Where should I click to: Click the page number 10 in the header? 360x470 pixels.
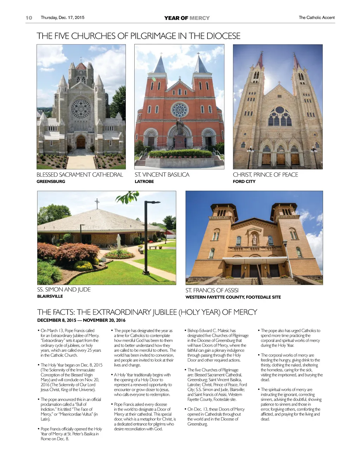29,18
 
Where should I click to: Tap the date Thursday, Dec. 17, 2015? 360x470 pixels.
63,18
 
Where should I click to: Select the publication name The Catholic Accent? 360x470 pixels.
316,18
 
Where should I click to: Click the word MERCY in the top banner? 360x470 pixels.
199,18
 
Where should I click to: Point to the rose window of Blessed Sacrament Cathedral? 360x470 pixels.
81,109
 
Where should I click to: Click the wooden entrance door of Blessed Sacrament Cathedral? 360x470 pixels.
81,142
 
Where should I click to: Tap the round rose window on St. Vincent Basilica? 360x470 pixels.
180,110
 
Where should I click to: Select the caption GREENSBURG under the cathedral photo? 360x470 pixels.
51,182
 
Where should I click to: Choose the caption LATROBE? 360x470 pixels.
144,182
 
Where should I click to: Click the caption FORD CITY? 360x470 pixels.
244,182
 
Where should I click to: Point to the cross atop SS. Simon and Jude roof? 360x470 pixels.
97,203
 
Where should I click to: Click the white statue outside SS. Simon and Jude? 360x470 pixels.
119,240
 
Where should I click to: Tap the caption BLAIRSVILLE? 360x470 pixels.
50,296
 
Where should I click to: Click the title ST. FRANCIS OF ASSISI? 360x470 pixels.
212,290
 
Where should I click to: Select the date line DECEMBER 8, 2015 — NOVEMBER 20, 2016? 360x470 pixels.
81,320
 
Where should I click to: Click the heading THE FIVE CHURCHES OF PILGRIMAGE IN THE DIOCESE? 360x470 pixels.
139,36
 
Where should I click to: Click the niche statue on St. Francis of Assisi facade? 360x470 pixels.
254,240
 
